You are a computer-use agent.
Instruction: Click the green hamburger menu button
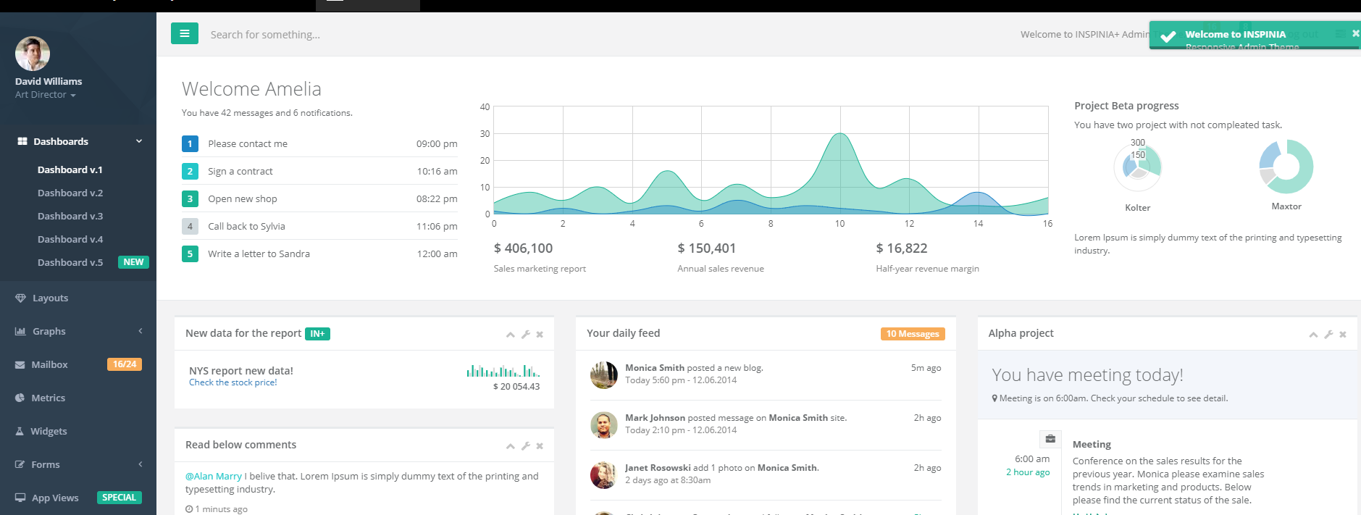[x=184, y=33]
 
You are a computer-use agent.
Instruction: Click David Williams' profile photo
[x=33, y=54]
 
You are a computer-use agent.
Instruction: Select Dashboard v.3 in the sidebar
[x=70, y=216]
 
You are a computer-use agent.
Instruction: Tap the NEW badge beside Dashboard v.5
[x=133, y=262]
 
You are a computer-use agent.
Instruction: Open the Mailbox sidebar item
[x=49, y=364]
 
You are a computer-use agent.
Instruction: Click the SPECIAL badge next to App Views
[x=119, y=498]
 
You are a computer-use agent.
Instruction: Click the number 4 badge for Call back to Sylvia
[x=190, y=226]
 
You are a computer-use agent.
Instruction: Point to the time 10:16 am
[x=437, y=172]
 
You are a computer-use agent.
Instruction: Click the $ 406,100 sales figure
[x=523, y=248]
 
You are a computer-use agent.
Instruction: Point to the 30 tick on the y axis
[x=485, y=134]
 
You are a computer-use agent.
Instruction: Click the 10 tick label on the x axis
[x=839, y=224]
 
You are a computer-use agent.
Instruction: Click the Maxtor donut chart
[x=1286, y=167]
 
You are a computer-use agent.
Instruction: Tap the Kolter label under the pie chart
[x=1137, y=208]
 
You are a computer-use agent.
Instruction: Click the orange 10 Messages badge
[x=913, y=334]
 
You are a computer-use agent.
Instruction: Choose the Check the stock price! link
[x=233, y=382]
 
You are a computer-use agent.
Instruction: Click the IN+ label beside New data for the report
[x=317, y=334]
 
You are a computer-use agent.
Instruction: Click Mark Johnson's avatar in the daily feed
[x=603, y=425]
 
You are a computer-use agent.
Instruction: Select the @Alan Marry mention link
[x=214, y=477]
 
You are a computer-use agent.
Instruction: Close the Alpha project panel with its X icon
[x=1342, y=335]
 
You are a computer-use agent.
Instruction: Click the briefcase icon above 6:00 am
[x=1050, y=439]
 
